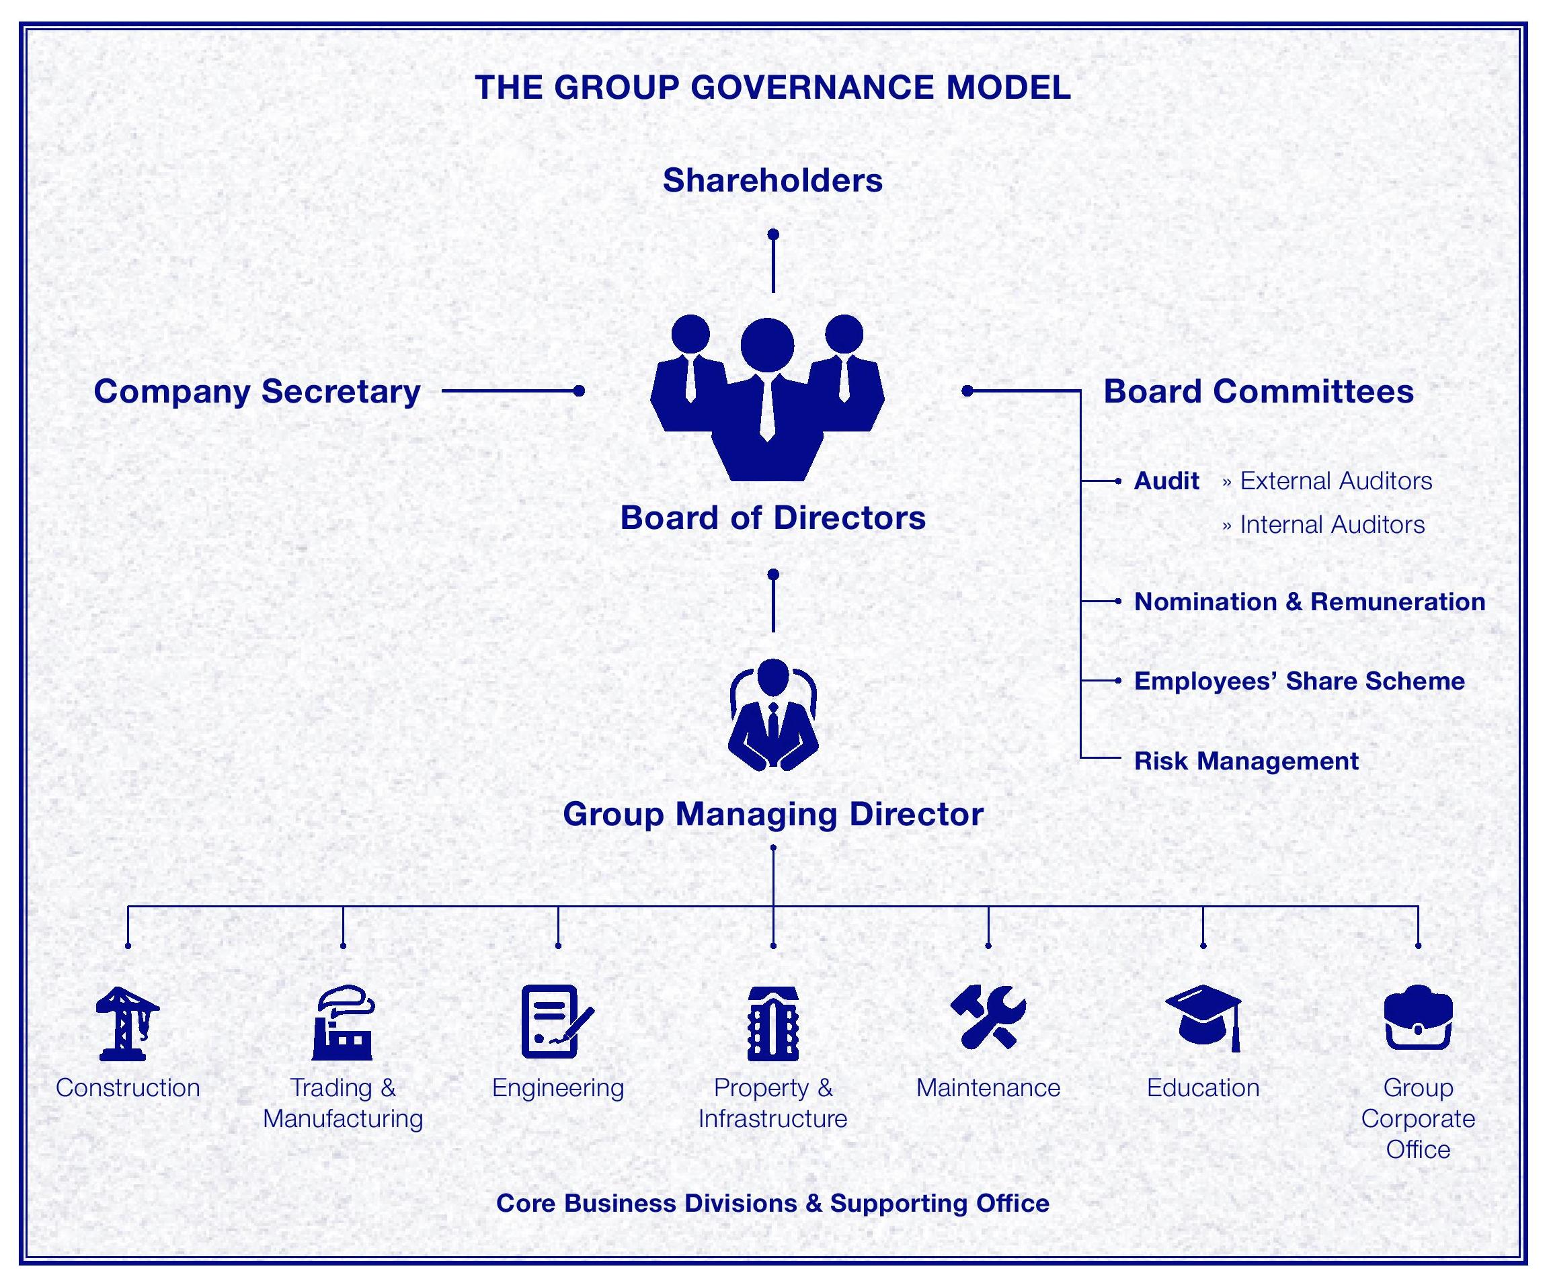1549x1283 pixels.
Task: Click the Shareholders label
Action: tap(772, 181)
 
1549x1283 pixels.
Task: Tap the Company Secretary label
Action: tap(257, 392)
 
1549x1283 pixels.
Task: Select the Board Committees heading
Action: tap(1258, 392)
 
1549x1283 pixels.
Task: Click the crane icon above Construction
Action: tap(127, 1023)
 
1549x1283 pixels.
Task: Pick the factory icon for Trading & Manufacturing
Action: tap(342, 1023)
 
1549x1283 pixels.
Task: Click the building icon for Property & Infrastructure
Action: tap(772, 1023)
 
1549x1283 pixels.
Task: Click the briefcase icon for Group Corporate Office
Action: tap(1418, 1018)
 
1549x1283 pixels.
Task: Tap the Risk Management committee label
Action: tap(1246, 761)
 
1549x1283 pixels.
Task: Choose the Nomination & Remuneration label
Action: tap(1309, 602)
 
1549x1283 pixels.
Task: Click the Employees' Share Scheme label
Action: tap(1299, 681)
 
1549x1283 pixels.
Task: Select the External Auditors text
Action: tap(1335, 481)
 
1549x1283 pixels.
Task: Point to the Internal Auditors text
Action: tap(1331, 525)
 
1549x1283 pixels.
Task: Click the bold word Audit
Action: tap(1166, 481)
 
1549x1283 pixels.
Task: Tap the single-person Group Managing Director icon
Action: tap(772, 715)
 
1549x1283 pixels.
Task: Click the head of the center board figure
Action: tap(767, 345)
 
